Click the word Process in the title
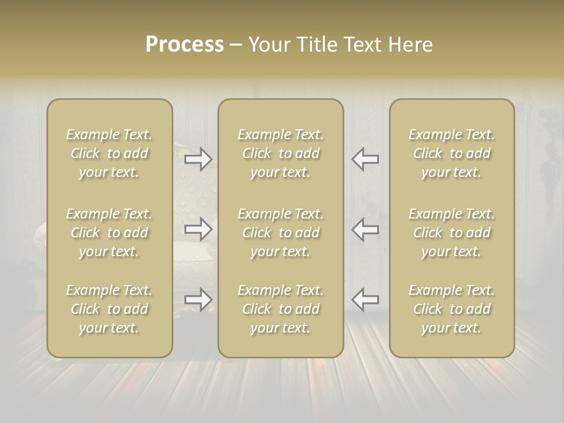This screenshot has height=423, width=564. [184, 45]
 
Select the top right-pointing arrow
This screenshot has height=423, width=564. [199, 159]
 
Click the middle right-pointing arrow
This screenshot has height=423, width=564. [199, 229]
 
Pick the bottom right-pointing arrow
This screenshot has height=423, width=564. [199, 299]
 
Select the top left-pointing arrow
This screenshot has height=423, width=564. [365, 159]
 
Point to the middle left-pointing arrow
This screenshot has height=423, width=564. [365, 229]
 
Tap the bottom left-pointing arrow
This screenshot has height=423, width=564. [365, 299]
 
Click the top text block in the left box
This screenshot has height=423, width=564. [109, 153]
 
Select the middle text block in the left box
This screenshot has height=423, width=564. [109, 233]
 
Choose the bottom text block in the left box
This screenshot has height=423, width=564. [109, 309]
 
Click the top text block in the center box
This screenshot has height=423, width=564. [281, 153]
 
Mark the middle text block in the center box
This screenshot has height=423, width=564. [281, 233]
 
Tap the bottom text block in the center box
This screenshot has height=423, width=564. [281, 309]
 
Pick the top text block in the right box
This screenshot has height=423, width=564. [452, 153]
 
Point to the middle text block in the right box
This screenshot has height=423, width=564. [452, 233]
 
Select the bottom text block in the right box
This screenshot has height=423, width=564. [452, 309]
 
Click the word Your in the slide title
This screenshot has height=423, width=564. [269, 45]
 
